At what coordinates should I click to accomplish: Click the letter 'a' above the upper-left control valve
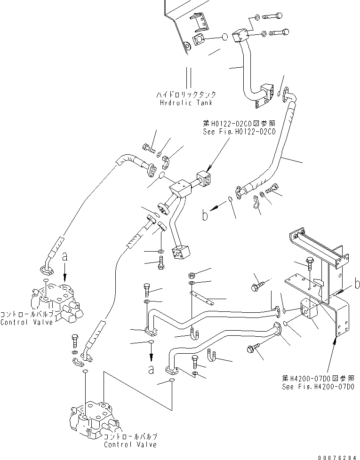click(x=64, y=257)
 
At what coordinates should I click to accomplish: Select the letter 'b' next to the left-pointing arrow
click(x=205, y=215)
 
